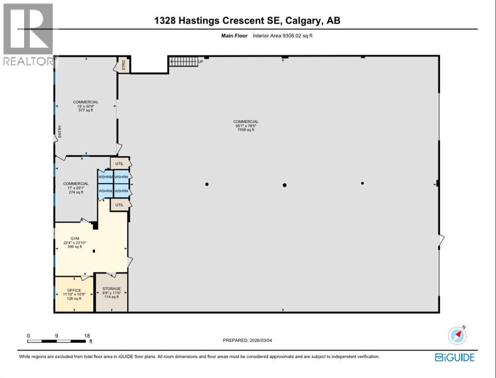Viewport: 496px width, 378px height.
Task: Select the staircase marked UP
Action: (184, 61)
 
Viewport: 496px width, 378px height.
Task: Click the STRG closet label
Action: (124, 65)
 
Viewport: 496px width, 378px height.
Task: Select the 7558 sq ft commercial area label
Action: (246, 126)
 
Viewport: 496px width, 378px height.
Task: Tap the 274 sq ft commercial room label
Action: (76, 188)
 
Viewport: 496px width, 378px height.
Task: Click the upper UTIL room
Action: (120, 163)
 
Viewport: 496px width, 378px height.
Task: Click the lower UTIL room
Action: (120, 204)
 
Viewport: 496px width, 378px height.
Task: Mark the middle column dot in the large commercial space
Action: (284, 185)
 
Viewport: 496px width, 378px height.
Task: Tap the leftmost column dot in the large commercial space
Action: (207, 185)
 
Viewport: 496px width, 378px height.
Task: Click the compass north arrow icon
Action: (458, 336)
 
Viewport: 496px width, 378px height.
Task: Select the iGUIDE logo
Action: (455, 357)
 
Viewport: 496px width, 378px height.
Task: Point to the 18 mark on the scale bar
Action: (87, 336)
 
